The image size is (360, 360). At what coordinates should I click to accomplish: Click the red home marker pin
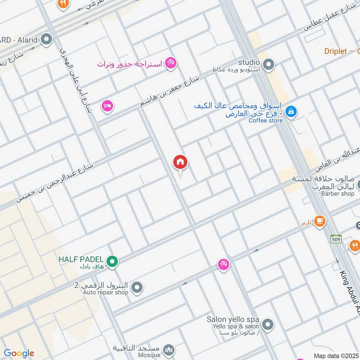(180, 163)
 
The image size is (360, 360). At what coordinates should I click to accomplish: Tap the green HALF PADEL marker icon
(112, 261)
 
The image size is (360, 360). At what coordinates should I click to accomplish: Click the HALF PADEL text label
(81, 260)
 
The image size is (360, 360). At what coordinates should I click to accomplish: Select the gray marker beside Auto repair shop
(137, 287)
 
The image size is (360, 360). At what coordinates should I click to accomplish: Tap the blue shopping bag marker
(291, 111)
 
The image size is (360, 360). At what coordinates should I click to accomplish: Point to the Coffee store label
(266, 121)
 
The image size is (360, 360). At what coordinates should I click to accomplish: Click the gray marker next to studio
(269, 64)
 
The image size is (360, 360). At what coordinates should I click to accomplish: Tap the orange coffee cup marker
(320, 220)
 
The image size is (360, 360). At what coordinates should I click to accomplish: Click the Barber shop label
(337, 194)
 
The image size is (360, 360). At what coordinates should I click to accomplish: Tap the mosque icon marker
(168, 350)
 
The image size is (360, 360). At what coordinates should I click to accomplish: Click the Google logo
(19, 353)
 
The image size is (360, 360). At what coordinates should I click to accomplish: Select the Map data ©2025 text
(335, 355)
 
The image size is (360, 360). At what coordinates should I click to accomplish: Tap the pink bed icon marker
(108, 106)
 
